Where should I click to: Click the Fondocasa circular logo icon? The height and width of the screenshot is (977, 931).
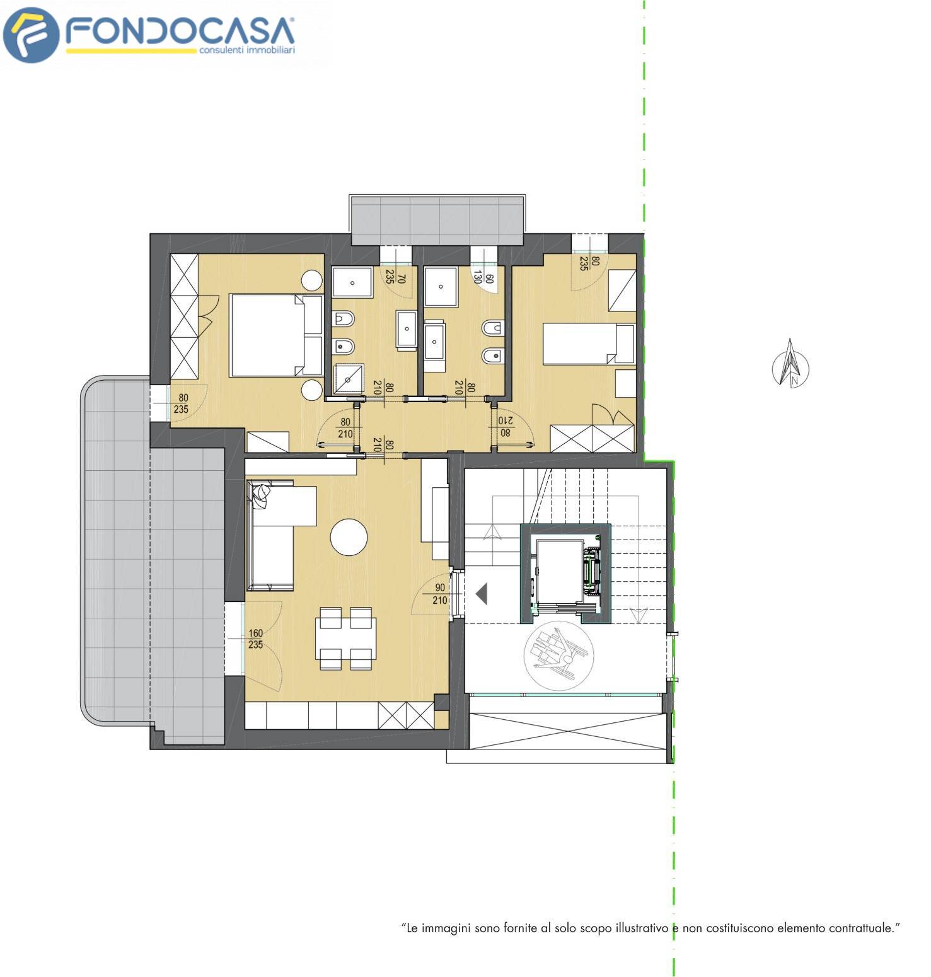click(31, 35)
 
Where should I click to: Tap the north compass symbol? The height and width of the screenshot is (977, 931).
click(790, 363)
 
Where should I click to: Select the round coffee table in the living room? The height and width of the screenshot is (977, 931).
click(349, 537)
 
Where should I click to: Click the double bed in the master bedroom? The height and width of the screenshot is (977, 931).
click(277, 335)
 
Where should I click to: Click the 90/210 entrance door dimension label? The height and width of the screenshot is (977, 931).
click(440, 594)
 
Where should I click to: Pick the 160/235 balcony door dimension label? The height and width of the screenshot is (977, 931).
click(255, 639)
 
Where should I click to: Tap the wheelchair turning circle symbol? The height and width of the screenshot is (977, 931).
click(560, 656)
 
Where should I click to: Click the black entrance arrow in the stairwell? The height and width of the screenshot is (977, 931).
click(482, 594)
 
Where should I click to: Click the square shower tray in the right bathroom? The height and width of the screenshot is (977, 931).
click(441, 287)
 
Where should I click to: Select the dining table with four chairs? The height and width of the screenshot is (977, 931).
click(345, 639)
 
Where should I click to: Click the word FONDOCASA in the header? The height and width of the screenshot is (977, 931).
click(180, 31)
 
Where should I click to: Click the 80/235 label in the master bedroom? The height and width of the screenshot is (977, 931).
click(183, 403)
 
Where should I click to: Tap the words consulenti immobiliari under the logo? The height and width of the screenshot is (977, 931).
click(247, 50)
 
